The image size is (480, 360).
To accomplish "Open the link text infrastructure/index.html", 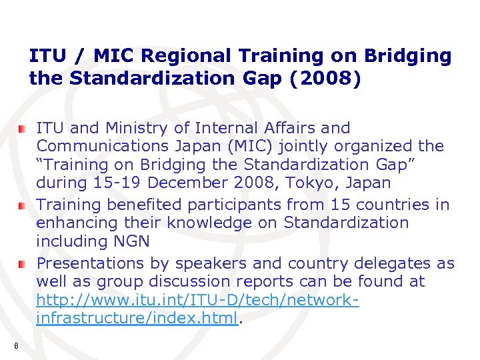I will (137, 318).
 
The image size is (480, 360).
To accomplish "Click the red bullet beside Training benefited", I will (22, 205).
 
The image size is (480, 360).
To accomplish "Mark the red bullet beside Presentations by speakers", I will (22, 264).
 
